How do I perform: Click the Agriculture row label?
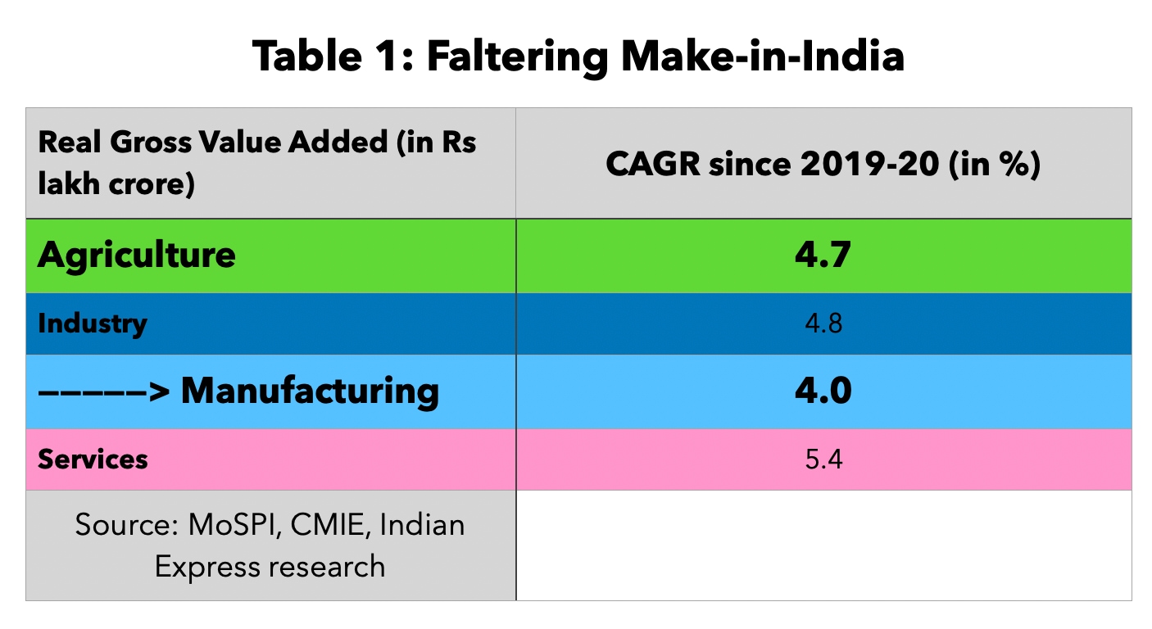pyautogui.click(x=136, y=256)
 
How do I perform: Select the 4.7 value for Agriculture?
pyautogui.click(x=823, y=256)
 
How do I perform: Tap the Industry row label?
pyautogui.click(x=92, y=324)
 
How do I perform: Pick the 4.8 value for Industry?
pyautogui.click(x=823, y=324)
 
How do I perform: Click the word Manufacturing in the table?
pyautogui.click(x=310, y=391)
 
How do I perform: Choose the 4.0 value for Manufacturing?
pyautogui.click(x=823, y=391)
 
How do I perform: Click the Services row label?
pyautogui.click(x=93, y=459)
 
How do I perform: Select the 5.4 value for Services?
pyautogui.click(x=823, y=459)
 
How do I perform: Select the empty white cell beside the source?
pyautogui.click(x=823, y=545)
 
